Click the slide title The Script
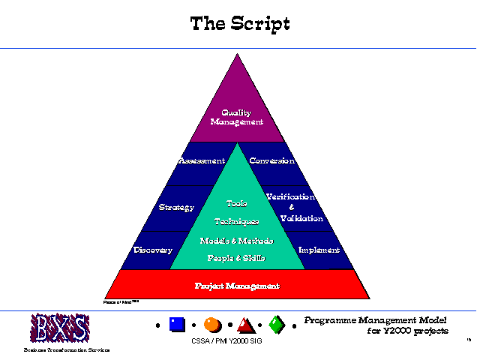240,23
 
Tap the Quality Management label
237,117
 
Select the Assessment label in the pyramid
202,160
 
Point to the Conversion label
271,160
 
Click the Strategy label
177,207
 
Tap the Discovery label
153,250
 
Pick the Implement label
319,250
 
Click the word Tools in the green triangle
237,203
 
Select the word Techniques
237,221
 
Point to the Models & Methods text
237,241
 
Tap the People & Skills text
237,258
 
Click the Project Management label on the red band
237,286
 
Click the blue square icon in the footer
177,325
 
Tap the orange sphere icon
211,325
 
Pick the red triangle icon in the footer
245,325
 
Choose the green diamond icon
277,325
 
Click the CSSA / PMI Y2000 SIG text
226,342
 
